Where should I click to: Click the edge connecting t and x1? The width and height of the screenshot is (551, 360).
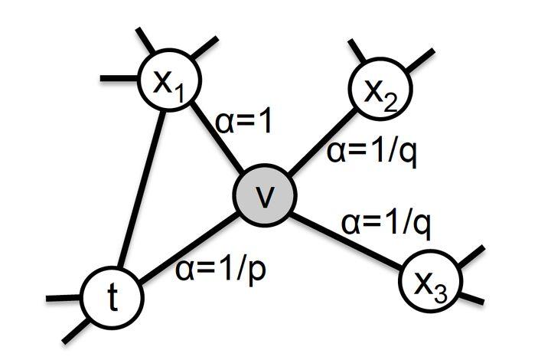[141, 184]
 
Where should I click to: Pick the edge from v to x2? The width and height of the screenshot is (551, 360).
[321, 142]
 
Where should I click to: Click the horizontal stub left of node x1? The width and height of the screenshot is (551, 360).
[117, 77]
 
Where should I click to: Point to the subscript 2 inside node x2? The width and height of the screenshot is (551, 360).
[393, 100]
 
